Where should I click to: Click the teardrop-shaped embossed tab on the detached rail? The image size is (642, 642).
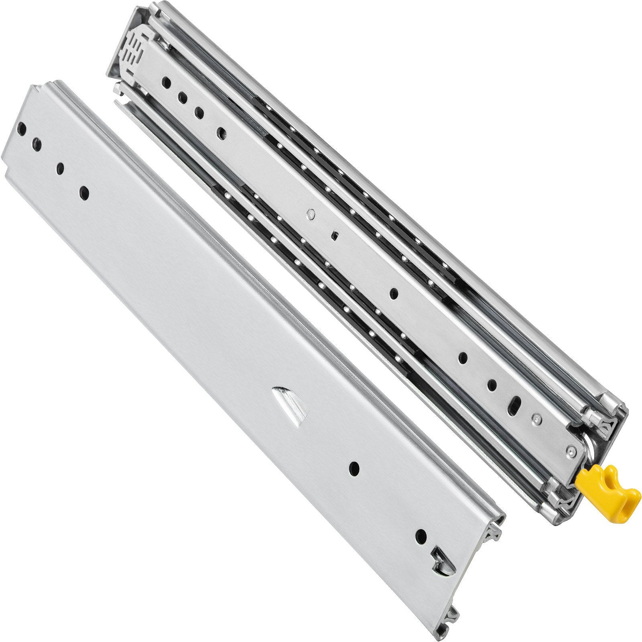click(x=291, y=401)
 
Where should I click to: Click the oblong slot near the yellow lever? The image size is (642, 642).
click(x=515, y=402)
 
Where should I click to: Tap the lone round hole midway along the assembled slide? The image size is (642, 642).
click(x=394, y=294)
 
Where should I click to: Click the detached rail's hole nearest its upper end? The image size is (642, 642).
click(x=22, y=130)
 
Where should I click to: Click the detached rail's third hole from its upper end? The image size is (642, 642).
click(x=60, y=169)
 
